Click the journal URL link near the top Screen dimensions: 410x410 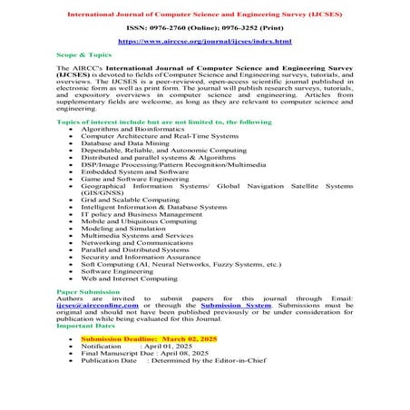(x=205, y=43)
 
